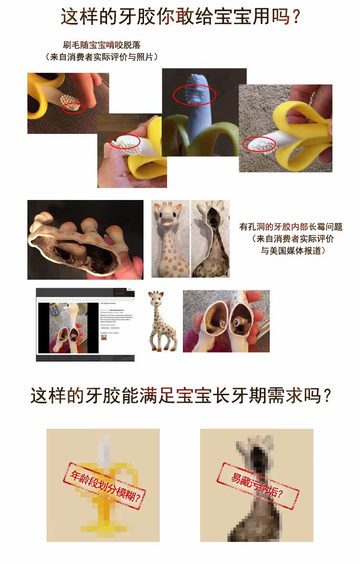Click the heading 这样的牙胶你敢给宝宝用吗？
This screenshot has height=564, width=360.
(180, 17)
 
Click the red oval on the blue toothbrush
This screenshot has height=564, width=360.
(188, 93)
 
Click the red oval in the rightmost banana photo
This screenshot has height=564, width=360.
(259, 143)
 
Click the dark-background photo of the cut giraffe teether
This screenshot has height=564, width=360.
(85, 240)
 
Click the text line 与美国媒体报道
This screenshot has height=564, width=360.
(293, 250)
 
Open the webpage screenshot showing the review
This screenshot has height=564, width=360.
(85, 325)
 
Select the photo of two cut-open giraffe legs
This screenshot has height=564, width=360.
(226, 321)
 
